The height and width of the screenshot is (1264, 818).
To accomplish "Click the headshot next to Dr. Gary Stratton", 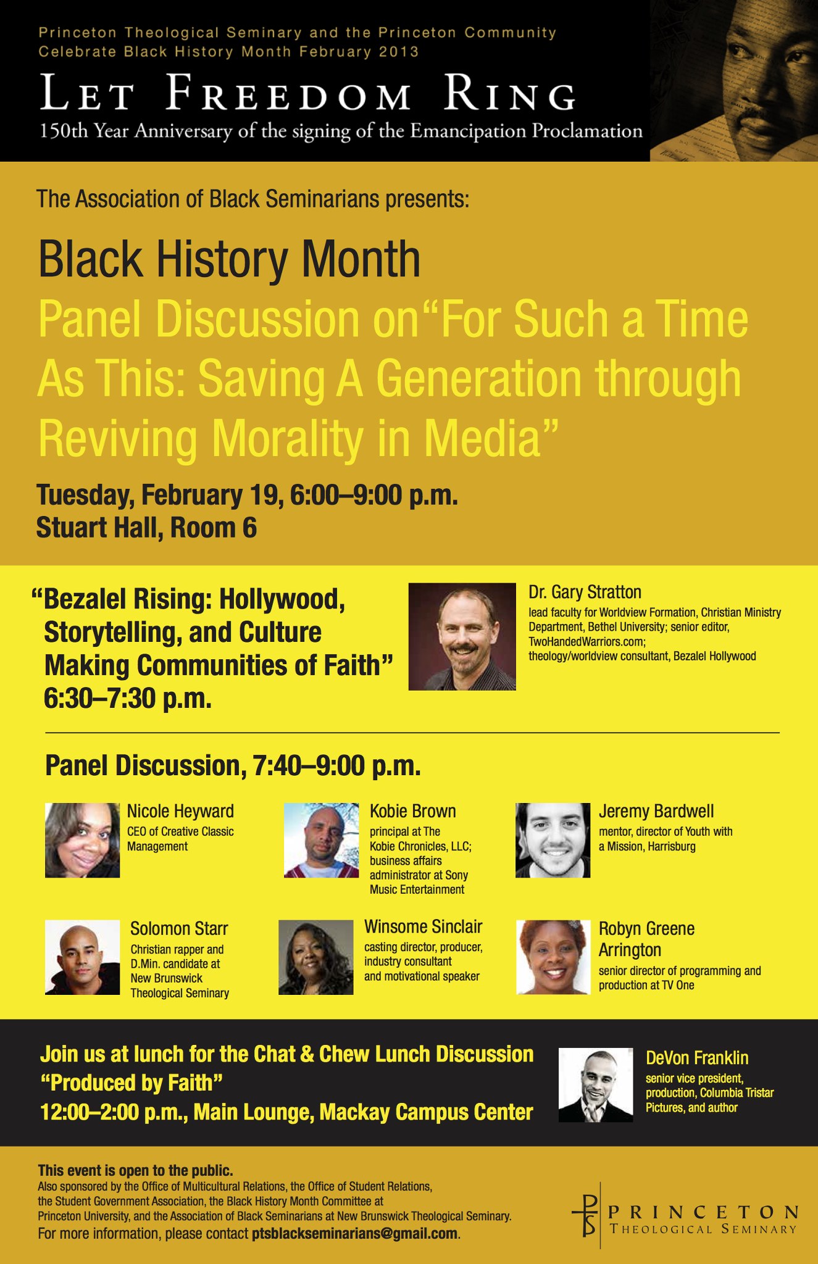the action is pos(462,636).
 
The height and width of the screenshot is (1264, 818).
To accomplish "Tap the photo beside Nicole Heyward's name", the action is pos(83,840).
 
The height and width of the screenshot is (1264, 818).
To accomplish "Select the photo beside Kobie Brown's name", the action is pos(321,840).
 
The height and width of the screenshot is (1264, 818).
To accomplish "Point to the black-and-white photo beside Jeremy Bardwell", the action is pos(553,840).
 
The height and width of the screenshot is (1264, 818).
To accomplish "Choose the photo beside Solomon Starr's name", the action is pos(83,957).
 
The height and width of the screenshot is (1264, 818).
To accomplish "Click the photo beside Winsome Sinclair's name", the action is pos(316,957).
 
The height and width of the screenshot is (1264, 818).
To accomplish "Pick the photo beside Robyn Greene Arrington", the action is pos(553,957).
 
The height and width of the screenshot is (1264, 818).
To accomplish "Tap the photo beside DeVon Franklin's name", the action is pos(596,1085).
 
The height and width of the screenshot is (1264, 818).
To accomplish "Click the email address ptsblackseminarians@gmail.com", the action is pos(355,1234).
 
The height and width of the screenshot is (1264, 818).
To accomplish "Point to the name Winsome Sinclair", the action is pos(423,927).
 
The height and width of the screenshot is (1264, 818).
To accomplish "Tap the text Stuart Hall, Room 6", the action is pos(146,528).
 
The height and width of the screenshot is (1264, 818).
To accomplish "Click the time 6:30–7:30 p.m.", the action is pos(128,699).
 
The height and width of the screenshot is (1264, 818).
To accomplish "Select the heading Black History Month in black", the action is pos(229,259).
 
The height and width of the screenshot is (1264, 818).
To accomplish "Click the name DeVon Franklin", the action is pos(697,1058).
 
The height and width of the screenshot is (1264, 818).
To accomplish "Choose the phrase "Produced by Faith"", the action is pos(131,1083).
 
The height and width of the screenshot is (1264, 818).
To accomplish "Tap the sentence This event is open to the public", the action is pos(135,1171).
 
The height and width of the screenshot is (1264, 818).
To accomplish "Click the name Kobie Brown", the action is pos(413,811).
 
